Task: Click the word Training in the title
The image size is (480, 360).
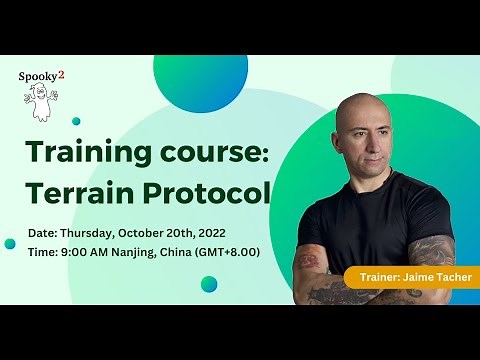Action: click(76, 153)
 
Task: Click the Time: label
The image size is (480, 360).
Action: click(46, 252)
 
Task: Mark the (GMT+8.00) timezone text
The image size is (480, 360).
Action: click(228, 252)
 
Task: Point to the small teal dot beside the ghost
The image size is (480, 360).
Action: click(76, 121)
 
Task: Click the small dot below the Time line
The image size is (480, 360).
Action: click(208, 284)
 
